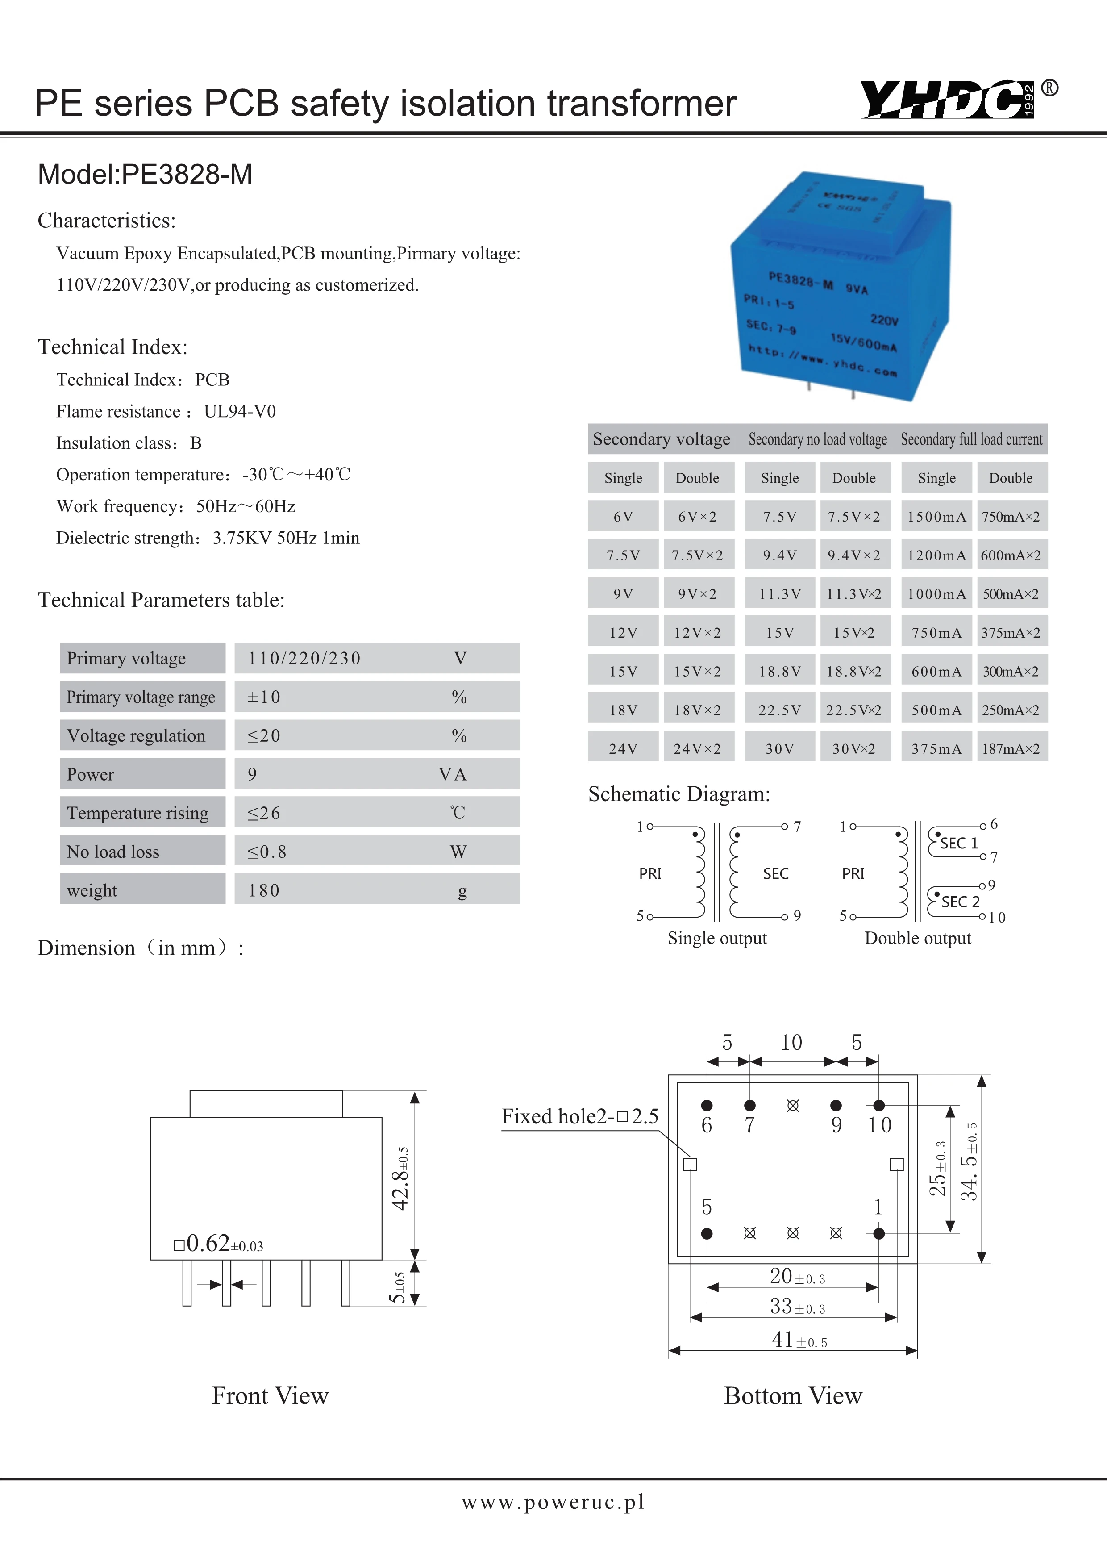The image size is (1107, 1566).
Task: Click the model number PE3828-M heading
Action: pos(145,175)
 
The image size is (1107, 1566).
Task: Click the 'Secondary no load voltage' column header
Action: pos(817,439)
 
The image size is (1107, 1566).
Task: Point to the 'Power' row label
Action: pos(91,774)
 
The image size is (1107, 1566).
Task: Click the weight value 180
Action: pos(264,890)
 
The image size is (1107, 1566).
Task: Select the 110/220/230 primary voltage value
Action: pos(304,658)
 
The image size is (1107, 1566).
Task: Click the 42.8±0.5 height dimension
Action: pos(401,1178)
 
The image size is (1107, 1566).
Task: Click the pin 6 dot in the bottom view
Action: pos(707,1105)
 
